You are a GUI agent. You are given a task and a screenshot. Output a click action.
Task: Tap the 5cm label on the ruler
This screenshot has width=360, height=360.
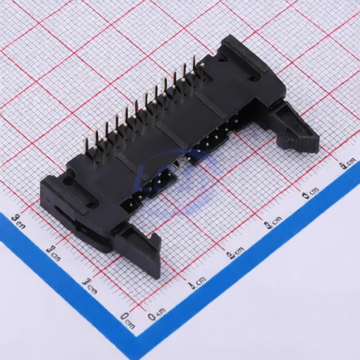[346, 166]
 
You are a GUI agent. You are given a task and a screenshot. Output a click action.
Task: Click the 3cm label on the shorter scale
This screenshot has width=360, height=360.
[19, 222]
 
